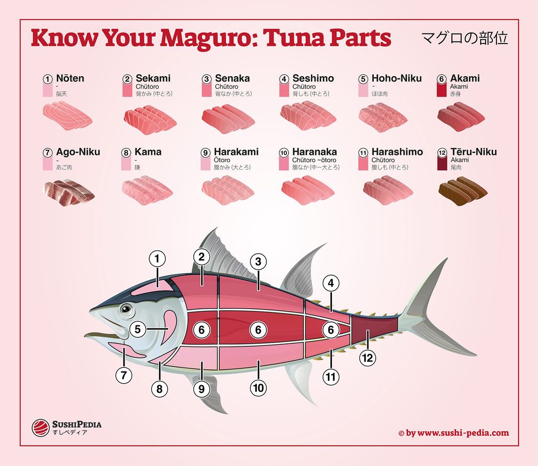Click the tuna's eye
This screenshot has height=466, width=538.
coord(126,310)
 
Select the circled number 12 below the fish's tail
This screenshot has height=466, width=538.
coord(367,358)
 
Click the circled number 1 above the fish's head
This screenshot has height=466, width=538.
coord(157,258)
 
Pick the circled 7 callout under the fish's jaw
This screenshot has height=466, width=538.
coord(123,375)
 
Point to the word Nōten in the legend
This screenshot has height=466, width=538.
coord(70,79)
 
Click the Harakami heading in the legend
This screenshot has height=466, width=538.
coord(236,152)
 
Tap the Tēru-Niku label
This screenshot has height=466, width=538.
coord(473,152)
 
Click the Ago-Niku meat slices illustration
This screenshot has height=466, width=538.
coord(68,192)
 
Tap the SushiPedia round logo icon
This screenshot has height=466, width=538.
coord(41,428)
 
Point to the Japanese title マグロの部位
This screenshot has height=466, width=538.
coord(465,38)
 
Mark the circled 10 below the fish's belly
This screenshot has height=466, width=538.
coord(258,388)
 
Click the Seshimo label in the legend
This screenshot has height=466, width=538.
coord(313,79)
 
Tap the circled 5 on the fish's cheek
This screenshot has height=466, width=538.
coord(138,329)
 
